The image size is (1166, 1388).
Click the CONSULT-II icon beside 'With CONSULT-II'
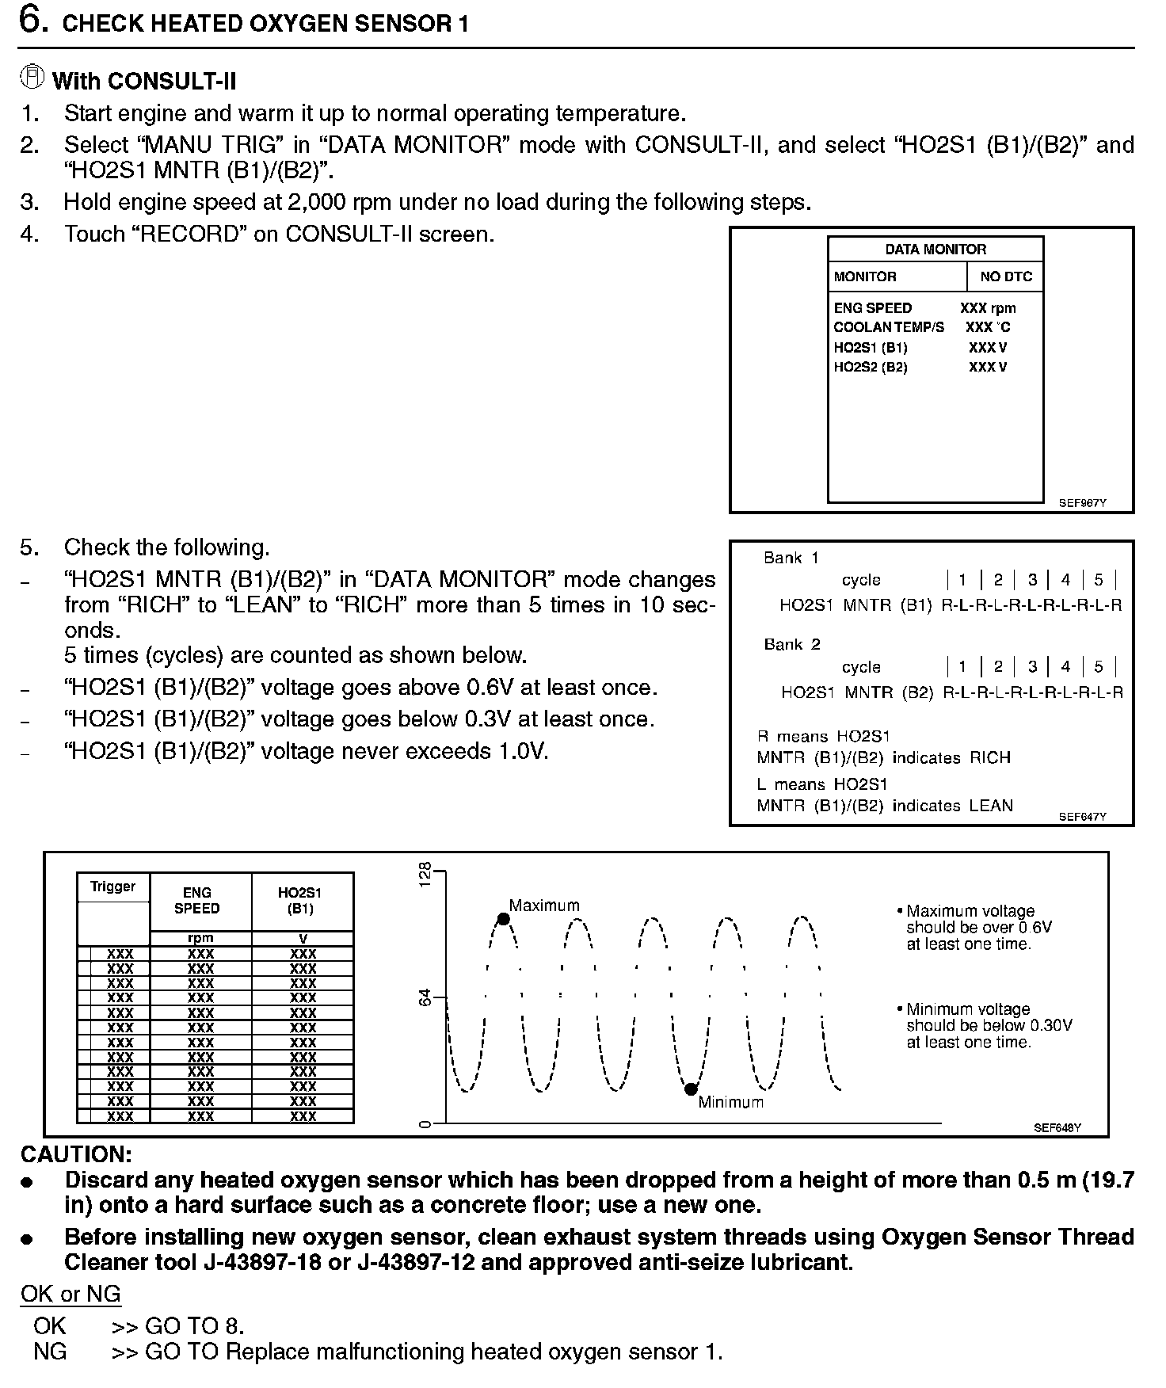pos(32,78)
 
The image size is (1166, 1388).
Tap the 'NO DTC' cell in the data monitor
pos(1006,276)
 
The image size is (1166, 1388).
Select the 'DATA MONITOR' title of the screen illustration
pos(935,249)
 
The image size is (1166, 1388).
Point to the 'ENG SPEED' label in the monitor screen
pos(873,308)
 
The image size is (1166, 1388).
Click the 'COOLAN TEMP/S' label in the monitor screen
pos(889,327)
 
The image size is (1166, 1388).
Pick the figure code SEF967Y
pos(1082,502)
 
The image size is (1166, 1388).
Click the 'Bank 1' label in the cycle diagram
pos(791,558)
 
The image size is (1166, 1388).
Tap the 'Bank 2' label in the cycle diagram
pos(791,644)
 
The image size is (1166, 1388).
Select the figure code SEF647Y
pos(1082,817)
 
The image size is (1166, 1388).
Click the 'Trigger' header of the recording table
pos(112,887)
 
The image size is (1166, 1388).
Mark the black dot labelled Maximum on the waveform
pos(503,919)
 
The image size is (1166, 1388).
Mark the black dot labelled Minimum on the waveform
pos(691,1089)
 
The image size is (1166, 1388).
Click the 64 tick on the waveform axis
pos(426,997)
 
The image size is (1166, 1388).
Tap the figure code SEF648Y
pos(1057,1127)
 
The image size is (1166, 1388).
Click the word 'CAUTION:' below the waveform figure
pos(76,1153)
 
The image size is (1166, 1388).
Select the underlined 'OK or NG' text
pos(70,1294)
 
